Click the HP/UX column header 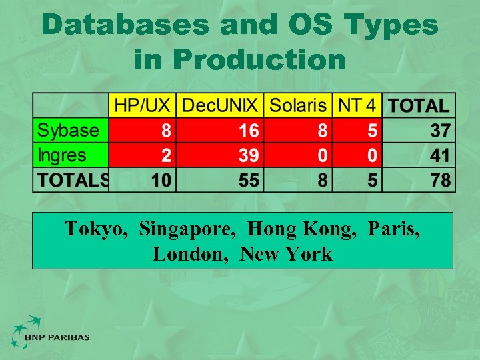[143, 105]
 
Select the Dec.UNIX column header [220, 105]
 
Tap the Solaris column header [298, 105]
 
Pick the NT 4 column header [357, 105]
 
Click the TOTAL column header [419, 105]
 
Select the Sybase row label [68, 130]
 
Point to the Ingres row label [62, 155]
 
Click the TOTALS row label [73, 180]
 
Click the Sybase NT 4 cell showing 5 [372, 130]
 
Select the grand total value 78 [440, 180]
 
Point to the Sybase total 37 [440, 130]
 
